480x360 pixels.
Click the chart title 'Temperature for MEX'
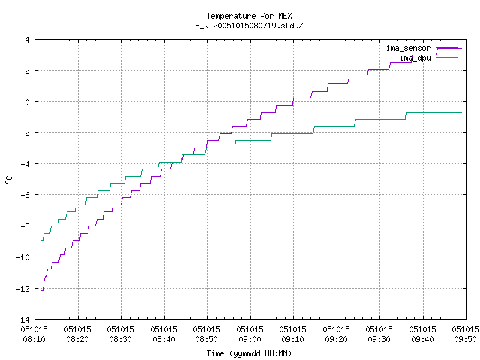249,16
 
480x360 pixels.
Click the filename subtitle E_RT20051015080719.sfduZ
249,25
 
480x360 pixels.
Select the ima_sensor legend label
408,48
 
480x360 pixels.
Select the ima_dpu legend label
415,58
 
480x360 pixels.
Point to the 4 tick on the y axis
27,40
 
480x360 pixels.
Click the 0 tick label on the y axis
27,102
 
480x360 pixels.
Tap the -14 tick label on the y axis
23,319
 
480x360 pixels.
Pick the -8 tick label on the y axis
25,226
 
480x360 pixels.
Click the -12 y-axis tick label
23,288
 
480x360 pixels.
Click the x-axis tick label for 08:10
34,334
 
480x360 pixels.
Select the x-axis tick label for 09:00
250,334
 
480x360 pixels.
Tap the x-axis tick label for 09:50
465,334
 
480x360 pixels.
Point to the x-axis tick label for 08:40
163,334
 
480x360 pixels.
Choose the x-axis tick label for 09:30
379,334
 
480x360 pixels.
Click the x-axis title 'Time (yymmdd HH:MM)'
249,353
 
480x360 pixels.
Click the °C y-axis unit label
8,180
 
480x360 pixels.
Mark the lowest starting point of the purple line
42,290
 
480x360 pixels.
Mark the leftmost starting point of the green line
42,240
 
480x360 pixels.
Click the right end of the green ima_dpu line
462,112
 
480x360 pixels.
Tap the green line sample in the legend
447,58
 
